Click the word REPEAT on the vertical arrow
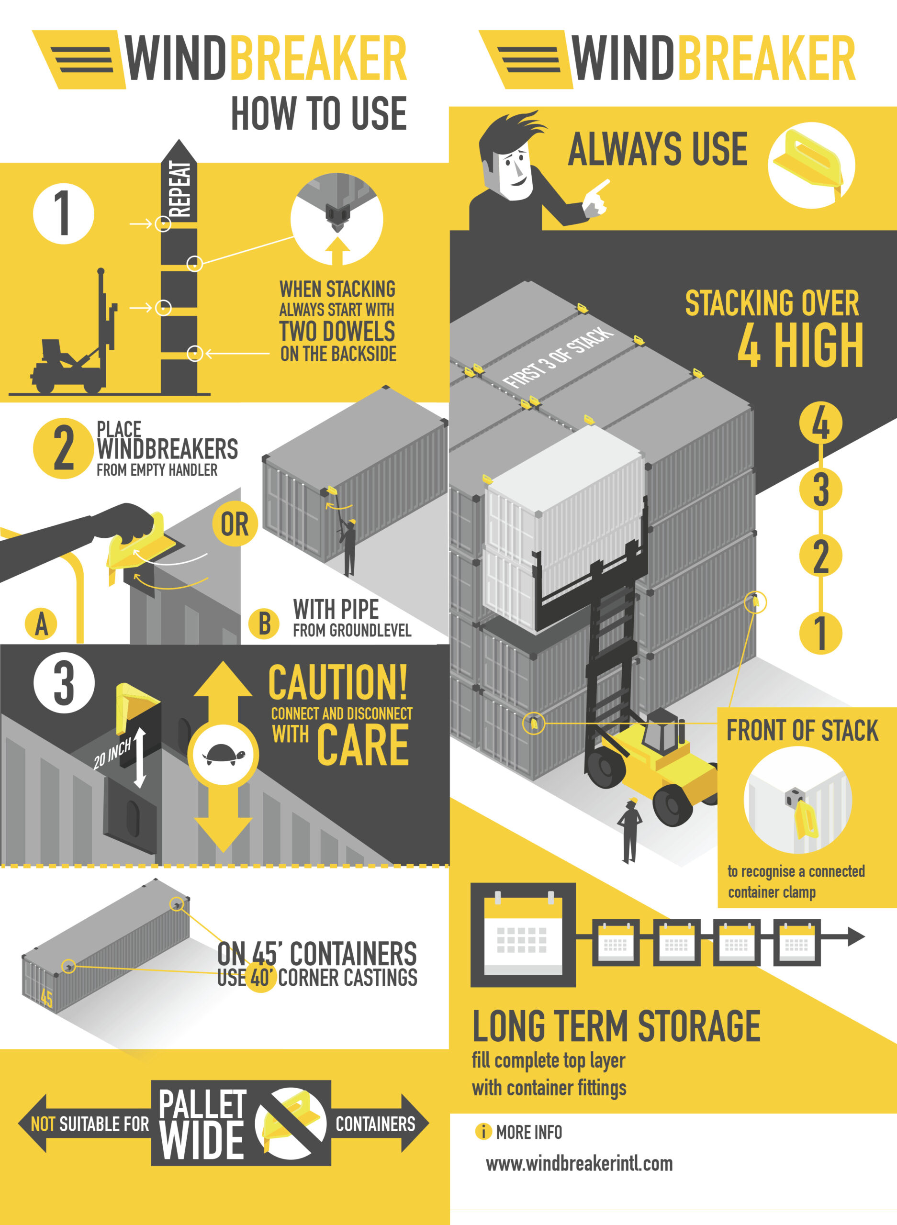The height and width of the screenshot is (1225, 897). click(x=179, y=189)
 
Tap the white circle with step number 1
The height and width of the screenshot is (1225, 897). click(x=64, y=213)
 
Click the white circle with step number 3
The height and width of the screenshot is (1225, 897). click(x=64, y=682)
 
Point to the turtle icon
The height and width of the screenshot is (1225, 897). click(x=223, y=755)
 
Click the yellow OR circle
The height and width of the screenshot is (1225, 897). click(x=235, y=524)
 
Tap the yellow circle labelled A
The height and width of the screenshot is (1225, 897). click(x=41, y=624)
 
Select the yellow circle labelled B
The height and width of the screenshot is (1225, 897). click(x=264, y=624)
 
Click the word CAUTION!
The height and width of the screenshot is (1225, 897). click(x=338, y=682)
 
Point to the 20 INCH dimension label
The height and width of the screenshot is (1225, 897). click(x=112, y=753)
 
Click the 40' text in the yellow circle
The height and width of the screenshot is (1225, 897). click(x=261, y=978)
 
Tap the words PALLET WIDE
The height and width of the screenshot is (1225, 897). click(x=202, y=1124)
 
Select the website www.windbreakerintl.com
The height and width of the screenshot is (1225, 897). click(x=579, y=1164)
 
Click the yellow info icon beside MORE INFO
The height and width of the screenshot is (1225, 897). click(x=482, y=1132)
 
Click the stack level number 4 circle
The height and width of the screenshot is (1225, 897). click(x=820, y=423)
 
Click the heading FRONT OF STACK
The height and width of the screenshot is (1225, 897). click(x=802, y=731)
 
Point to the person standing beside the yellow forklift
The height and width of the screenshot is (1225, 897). click(x=630, y=830)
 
